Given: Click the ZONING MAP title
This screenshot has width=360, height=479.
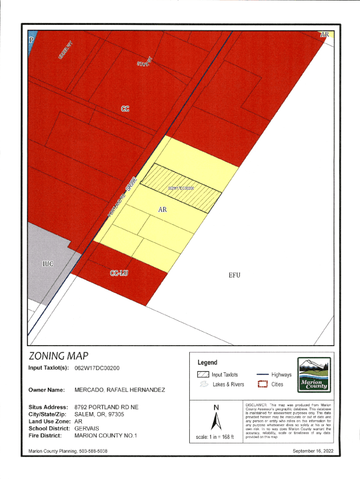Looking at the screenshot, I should [59, 356].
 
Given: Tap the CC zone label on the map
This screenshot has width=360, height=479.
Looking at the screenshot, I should [125, 109].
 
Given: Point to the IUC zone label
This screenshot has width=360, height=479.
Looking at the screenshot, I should [48, 264].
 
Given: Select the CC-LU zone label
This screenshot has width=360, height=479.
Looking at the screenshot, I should [119, 274].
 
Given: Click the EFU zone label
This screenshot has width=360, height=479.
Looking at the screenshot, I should [234, 275].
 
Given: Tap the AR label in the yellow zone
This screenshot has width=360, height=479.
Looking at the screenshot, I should [162, 210].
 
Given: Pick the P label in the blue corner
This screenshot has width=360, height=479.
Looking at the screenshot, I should [32, 40].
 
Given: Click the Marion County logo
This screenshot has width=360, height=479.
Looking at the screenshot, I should [314, 376].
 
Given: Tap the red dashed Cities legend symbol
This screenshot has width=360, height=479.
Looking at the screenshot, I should [262, 385].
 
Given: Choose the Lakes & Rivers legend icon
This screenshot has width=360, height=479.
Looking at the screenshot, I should [203, 385].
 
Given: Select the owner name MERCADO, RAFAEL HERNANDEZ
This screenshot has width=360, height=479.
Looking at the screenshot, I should [120, 390].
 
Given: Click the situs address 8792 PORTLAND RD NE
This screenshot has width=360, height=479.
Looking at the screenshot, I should [107, 407].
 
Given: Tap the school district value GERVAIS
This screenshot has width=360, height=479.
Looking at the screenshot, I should [86, 428].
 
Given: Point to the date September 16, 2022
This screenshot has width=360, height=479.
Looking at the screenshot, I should [312, 451].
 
